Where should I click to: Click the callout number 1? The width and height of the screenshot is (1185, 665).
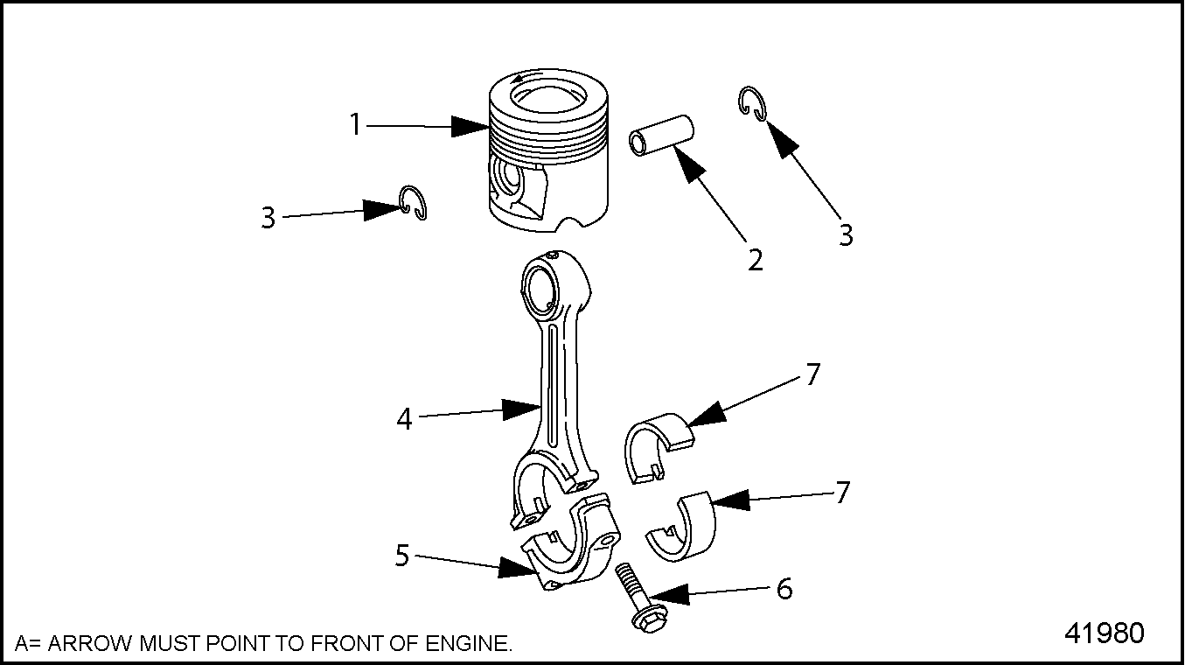click(x=355, y=125)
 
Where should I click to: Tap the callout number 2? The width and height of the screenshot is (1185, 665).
click(x=756, y=259)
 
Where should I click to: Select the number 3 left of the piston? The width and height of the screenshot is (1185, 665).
click(x=268, y=217)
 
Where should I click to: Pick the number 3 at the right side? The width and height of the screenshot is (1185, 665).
click(x=846, y=234)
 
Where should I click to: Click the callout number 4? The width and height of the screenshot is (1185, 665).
click(x=404, y=418)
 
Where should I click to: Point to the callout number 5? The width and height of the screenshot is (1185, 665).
click(x=402, y=555)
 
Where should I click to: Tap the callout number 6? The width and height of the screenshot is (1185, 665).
click(x=785, y=589)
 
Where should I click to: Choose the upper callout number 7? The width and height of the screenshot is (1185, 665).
click(x=813, y=374)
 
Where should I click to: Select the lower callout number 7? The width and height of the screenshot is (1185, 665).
click(x=842, y=493)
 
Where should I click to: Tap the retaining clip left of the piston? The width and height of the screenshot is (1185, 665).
click(x=413, y=203)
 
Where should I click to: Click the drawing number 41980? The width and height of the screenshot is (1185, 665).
click(x=1104, y=633)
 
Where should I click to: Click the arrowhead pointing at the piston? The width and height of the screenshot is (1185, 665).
click(x=471, y=127)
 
